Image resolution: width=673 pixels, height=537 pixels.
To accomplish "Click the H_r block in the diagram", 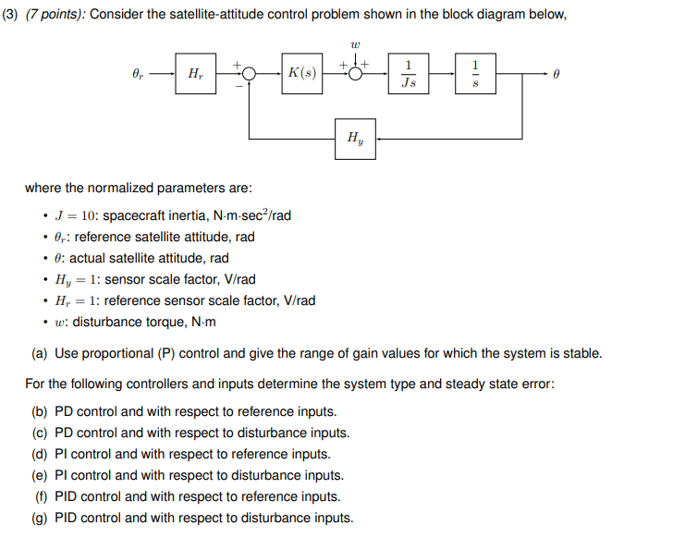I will [195, 73].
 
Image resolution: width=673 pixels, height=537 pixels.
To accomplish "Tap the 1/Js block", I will [409, 73].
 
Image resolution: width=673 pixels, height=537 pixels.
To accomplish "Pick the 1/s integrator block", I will [475, 73].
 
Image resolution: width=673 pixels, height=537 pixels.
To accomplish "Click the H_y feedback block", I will [355, 139].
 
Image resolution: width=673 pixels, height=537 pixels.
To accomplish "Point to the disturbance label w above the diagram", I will [356, 43].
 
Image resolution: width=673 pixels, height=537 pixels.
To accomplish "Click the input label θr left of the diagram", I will [140, 73].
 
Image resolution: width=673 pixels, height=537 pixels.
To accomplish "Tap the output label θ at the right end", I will [556, 73].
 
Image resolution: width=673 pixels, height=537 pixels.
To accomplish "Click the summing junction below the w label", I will [356, 73].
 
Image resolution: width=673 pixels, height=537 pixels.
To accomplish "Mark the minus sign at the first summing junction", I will [239, 86].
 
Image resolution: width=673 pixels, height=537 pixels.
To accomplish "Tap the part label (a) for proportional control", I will [41, 353].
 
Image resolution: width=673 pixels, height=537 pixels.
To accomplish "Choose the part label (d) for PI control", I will [41, 454].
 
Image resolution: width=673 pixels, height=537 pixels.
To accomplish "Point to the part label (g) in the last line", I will [41, 518].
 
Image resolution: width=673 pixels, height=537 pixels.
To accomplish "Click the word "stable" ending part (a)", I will [581, 353].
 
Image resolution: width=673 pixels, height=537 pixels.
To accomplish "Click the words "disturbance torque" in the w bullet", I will [126, 322].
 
